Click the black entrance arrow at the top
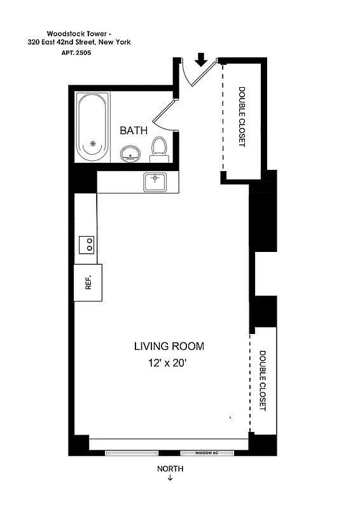(201, 60)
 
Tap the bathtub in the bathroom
(93, 127)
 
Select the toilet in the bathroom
(159, 148)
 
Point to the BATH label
(134, 130)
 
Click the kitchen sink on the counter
(155, 181)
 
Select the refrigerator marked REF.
(88, 282)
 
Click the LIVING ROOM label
(169, 347)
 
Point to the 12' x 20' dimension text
(169, 364)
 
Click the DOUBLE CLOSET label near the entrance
(242, 117)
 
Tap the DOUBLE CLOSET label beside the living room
(262, 380)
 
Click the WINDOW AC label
(207, 453)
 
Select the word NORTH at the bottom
(170, 469)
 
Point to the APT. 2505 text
(74, 55)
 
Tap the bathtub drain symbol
(92, 144)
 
